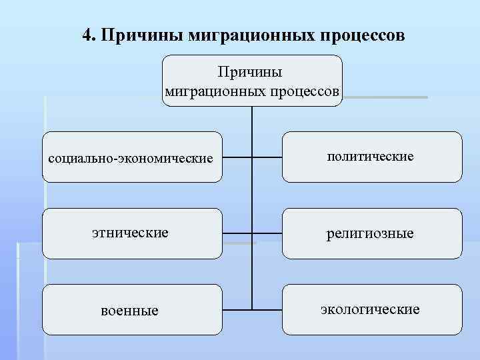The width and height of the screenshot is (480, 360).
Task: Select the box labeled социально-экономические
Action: [x=132, y=157]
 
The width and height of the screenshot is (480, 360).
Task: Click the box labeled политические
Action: [x=371, y=157]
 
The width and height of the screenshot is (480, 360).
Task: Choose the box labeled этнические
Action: [x=132, y=233]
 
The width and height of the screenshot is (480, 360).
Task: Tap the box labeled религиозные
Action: [x=371, y=233]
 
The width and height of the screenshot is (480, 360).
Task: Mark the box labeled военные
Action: [x=132, y=310]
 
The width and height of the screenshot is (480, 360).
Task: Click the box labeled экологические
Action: [x=371, y=310]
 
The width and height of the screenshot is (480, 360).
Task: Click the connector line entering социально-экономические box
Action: [x=237, y=158]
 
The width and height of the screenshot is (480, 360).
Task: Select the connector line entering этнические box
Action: [x=237, y=233]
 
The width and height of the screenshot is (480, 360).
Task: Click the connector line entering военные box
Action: [x=237, y=309]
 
